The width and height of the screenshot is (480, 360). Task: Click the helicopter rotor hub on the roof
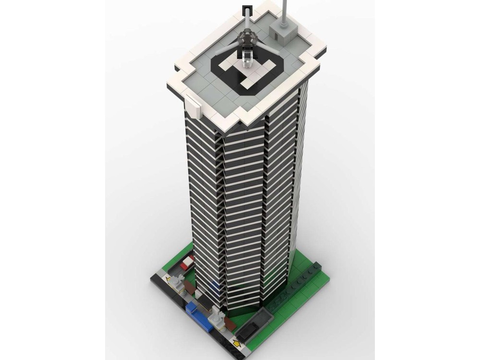click(246, 37)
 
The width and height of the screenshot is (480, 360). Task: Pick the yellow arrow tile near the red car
click(168, 278)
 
